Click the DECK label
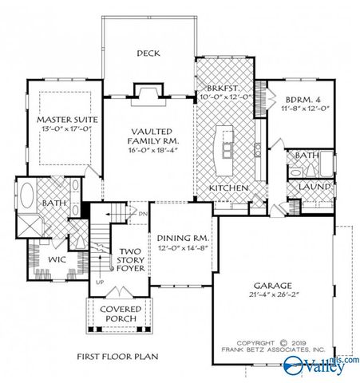point(148,53)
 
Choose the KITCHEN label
point(227,188)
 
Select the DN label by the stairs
point(142,214)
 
